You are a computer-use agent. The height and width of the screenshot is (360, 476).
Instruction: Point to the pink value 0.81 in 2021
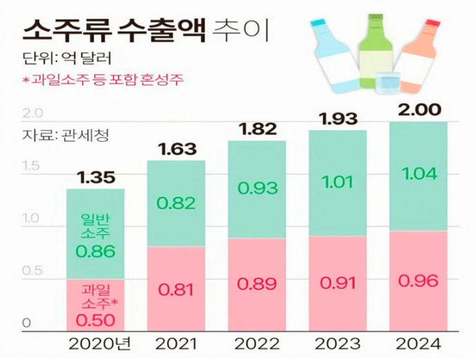point(175,290)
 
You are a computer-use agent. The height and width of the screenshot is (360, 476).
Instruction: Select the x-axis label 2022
point(256,343)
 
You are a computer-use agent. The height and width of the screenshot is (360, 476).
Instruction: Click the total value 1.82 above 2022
point(256,129)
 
